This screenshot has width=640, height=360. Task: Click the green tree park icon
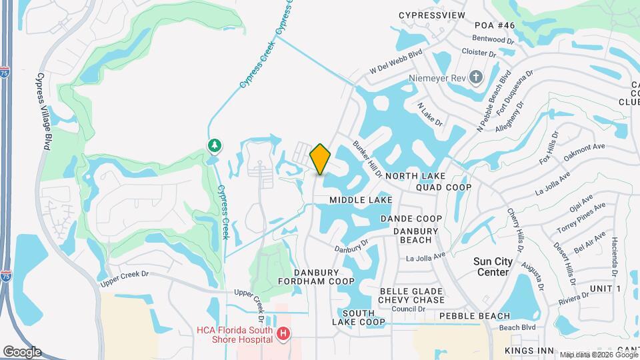click(x=215, y=145)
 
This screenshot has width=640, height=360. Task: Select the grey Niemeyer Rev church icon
click(x=475, y=78)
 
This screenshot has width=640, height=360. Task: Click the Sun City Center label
click(x=493, y=267)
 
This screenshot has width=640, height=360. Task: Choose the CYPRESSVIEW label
click(x=431, y=15)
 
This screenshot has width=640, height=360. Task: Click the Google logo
click(x=22, y=352)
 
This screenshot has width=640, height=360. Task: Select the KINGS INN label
click(x=529, y=351)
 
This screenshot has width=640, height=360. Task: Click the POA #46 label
click(x=495, y=25)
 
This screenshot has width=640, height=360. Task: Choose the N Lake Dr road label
click(x=430, y=114)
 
